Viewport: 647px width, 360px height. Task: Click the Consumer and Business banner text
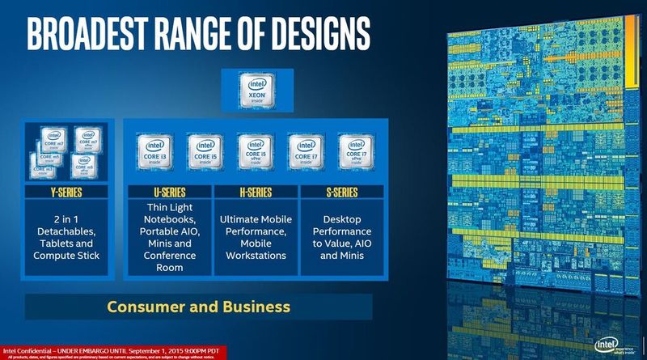point(199,307)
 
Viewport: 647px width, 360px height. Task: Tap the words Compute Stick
point(67,256)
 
